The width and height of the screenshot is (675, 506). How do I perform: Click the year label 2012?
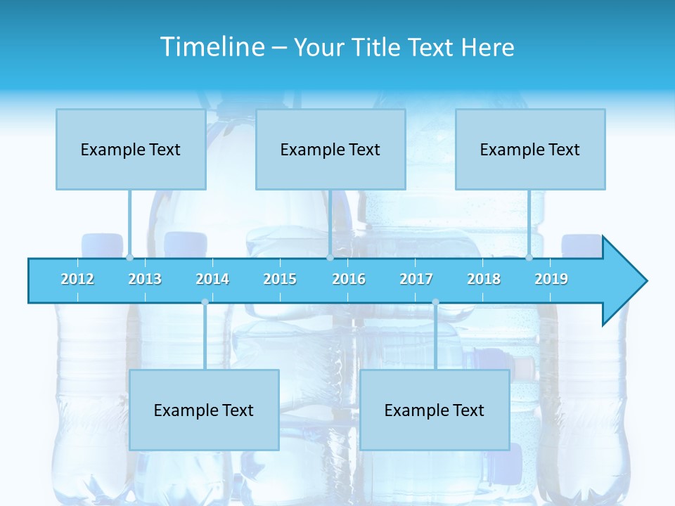click(77, 279)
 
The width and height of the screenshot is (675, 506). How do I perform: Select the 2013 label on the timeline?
click(145, 279)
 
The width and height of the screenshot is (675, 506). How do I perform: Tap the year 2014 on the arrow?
click(212, 279)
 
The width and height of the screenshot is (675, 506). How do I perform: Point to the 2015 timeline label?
click(280, 279)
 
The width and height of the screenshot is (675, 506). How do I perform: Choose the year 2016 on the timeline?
click(349, 279)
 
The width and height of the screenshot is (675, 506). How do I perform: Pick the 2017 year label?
click(416, 279)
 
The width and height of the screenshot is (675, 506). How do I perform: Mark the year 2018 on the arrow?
click(484, 279)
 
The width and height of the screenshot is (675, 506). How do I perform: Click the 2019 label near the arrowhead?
click(551, 279)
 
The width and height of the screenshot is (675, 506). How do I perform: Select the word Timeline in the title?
click(212, 47)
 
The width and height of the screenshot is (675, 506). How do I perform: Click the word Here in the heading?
click(487, 47)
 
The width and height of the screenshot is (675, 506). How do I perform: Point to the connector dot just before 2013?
click(129, 258)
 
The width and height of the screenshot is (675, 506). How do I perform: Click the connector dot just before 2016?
click(330, 258)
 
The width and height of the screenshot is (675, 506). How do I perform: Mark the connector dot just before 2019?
click(529, 258)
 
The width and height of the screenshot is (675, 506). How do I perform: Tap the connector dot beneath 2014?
click(205, 302)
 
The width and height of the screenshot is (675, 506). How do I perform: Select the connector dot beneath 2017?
click(435, 302)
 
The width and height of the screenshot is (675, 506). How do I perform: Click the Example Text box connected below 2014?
click(204, 410)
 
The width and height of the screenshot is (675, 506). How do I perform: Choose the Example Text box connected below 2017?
click(435, 410)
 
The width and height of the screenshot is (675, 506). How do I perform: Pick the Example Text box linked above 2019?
click(530, 149)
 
